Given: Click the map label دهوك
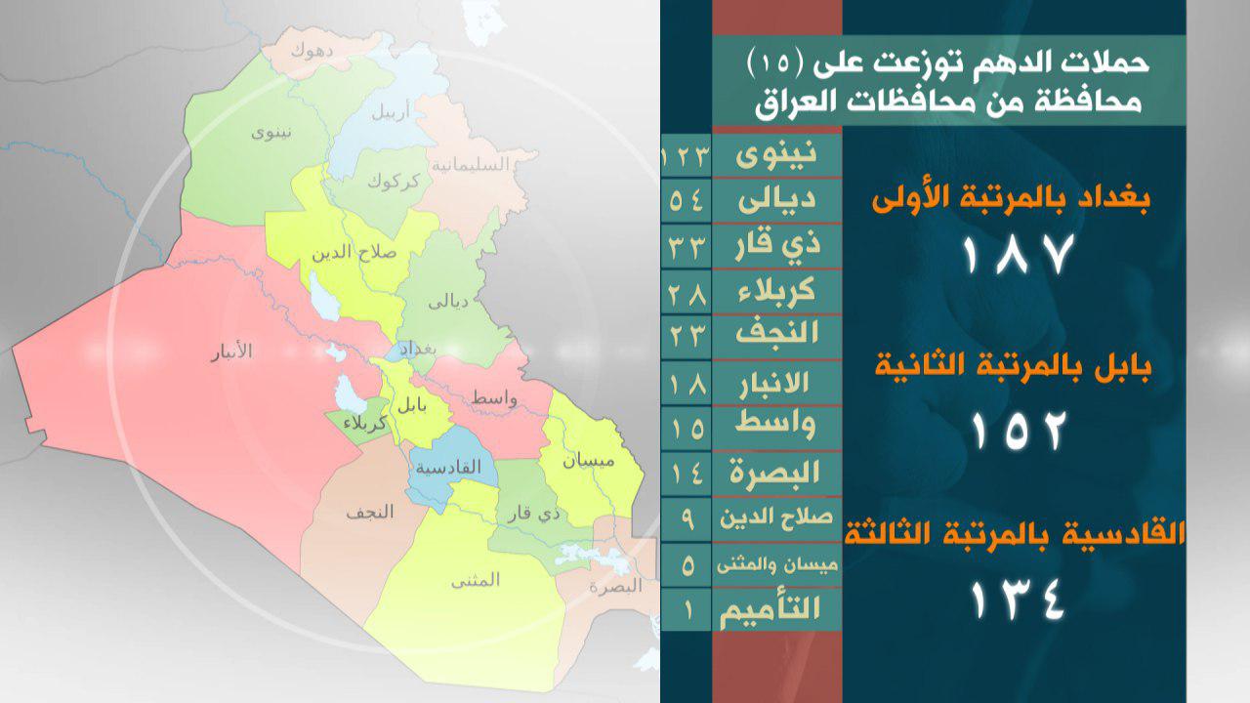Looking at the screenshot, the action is tap(312, 52).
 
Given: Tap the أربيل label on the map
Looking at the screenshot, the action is tap(391, 111).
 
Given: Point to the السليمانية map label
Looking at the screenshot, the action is tap(471, 164).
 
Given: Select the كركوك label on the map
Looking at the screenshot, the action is tap(394, 182).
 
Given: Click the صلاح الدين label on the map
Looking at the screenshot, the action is tap(354, 253).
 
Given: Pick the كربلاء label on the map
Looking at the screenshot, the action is tap(365, 423).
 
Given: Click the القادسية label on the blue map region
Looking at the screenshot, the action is tap(448, 467).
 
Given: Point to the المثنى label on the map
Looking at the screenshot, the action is tap(476, 580).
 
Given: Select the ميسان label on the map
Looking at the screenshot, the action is tap(588, 461).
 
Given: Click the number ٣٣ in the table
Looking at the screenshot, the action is tap(687, 246).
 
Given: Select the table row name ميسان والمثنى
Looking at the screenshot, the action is tap(777, 565).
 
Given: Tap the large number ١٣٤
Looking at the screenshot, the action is tap(1018, 600).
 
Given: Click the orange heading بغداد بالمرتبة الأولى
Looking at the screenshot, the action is tap(1011, 201).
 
